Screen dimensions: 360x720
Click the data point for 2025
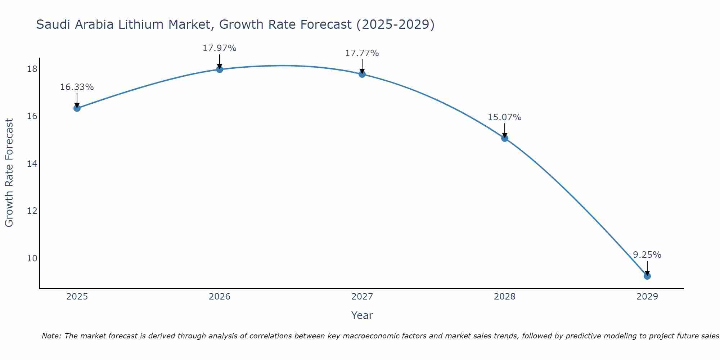[77, 108]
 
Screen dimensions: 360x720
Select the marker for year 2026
[220, 69]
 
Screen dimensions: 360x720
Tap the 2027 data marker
[362, 74]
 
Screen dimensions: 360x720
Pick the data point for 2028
[505, 138]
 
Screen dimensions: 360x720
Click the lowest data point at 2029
[647, 276]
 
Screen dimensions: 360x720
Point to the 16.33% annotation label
[77, 87]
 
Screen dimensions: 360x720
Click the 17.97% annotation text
[219, 48]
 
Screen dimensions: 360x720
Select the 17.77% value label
[362, 53]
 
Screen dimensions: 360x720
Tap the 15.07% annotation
[504, 117]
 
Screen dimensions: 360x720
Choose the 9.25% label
[647, 255]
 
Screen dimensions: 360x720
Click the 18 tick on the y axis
[32, 69]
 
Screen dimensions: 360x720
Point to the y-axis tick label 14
[32, 163]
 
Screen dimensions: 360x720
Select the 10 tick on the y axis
[32, 258]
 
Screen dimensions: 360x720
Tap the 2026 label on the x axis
[220, 297]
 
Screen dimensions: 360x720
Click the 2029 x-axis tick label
[647, 297]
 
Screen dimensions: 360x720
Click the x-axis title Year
[362, 315]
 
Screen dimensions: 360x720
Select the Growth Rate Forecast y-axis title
[9, 173]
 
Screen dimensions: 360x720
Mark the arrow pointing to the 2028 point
[505, 130]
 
